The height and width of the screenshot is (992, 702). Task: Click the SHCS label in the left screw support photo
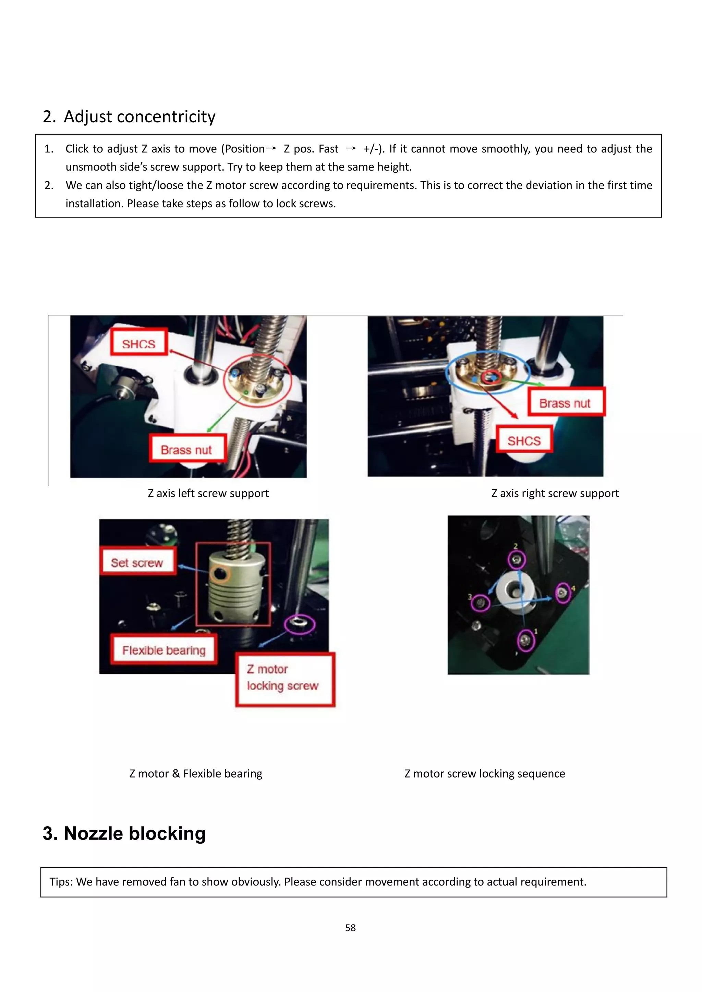[139, 344]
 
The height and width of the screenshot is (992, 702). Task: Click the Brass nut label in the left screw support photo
[186, 449]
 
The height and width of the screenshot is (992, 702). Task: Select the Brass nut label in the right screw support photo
[565, 403]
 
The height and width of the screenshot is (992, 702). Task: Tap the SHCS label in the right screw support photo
[524, 440]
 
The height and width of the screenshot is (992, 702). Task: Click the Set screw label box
[137, 562]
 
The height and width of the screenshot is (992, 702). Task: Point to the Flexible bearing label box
[164, 649]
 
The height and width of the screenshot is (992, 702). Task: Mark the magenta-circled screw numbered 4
[562, 593]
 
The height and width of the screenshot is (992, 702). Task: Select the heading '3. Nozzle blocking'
[124, 833]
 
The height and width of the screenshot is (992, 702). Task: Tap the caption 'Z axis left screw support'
[208, 493]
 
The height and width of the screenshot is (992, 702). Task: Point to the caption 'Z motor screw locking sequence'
[485, 773]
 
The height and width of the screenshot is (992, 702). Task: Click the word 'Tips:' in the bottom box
[61, 882]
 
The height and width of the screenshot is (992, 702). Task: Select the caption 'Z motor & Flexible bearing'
[196, 773]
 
